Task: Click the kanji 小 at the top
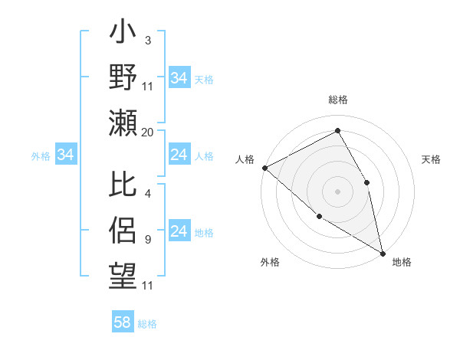123,34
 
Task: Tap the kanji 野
123,77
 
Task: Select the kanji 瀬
123,122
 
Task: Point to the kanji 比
123,185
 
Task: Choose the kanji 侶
123,230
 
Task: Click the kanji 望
123,273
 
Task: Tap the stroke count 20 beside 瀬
148,133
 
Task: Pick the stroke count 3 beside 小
147,40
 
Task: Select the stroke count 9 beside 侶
147,240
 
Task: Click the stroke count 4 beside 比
147,194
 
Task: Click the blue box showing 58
123,322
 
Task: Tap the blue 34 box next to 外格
65,155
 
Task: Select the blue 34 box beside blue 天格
179,78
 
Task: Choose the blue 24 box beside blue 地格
179,231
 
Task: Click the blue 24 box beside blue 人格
179,155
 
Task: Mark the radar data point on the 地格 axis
383,253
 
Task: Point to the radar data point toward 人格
264,168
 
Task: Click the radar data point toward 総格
337,130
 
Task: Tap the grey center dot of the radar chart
337,191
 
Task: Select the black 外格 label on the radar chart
270,262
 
